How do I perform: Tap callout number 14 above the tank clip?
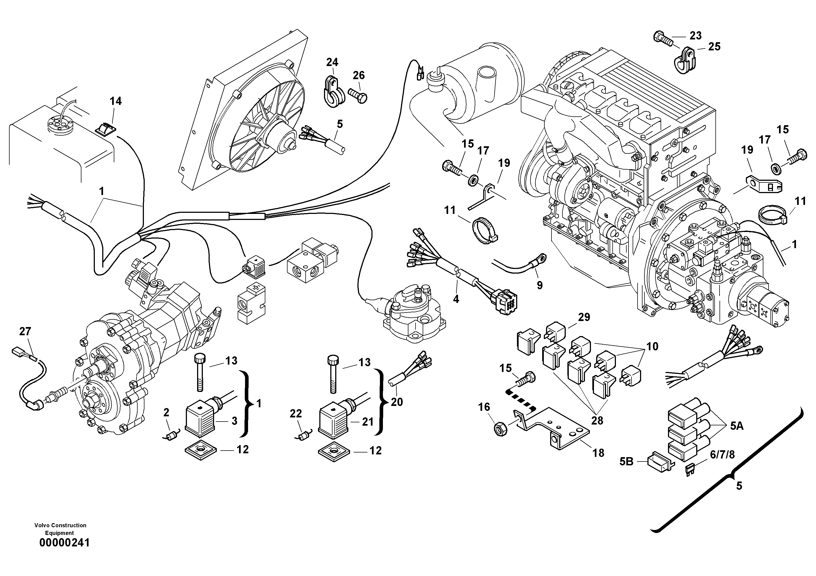(115, 101)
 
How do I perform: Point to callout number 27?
(25, 331)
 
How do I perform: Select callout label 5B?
(626, 462)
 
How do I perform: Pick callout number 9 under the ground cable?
(539, 285)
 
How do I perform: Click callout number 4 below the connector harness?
(456, 299)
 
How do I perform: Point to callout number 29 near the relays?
(584, 317)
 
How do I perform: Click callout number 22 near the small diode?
(296, 413)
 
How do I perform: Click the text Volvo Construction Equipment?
(60, 529)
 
